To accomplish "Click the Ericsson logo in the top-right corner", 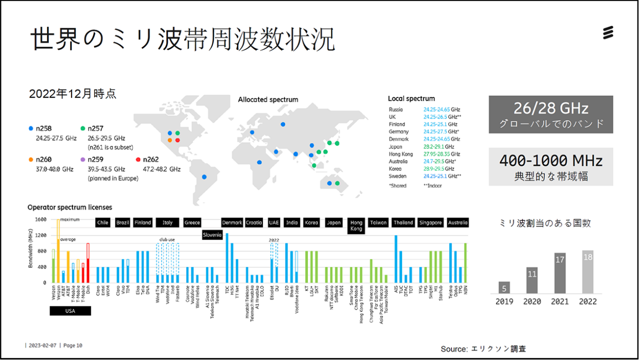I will tap(607, 33).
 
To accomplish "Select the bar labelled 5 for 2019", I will tap(504, 287).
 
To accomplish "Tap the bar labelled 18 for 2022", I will tap(587, 272).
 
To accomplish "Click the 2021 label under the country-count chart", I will tap(559, 301).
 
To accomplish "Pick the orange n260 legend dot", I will tap(31, 159).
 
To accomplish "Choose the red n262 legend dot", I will tap(138, 159).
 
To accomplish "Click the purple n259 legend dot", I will tap(83, 159).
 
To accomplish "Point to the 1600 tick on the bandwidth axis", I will tap(40, 219).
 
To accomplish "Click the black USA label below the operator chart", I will tap(70, 311).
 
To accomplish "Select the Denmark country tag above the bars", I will tap(232, 222).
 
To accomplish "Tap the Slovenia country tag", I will tap(212, 235).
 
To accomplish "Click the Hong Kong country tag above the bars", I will tap(356, 226).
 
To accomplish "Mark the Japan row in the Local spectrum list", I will tap(424, 146).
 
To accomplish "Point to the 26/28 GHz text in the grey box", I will tap(550, 108).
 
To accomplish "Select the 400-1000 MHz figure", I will tap(550, 160).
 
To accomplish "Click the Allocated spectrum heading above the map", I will tap(268, 99).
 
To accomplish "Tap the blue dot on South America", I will tap(204, 176).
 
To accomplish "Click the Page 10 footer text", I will tap(72, 345).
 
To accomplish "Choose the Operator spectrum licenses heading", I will tap(69, 207).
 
